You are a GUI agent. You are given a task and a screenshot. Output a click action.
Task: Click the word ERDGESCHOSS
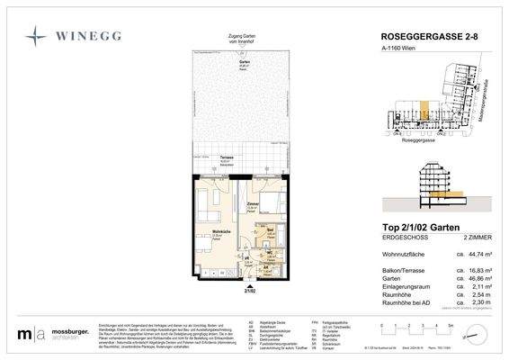pyautogui.click(x=393, y=238)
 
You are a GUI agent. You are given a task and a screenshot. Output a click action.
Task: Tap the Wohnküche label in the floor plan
pyautogui.click(x=208, y=232)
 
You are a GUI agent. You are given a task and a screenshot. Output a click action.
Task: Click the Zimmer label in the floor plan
pyautogui.click(x=253, y=205)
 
